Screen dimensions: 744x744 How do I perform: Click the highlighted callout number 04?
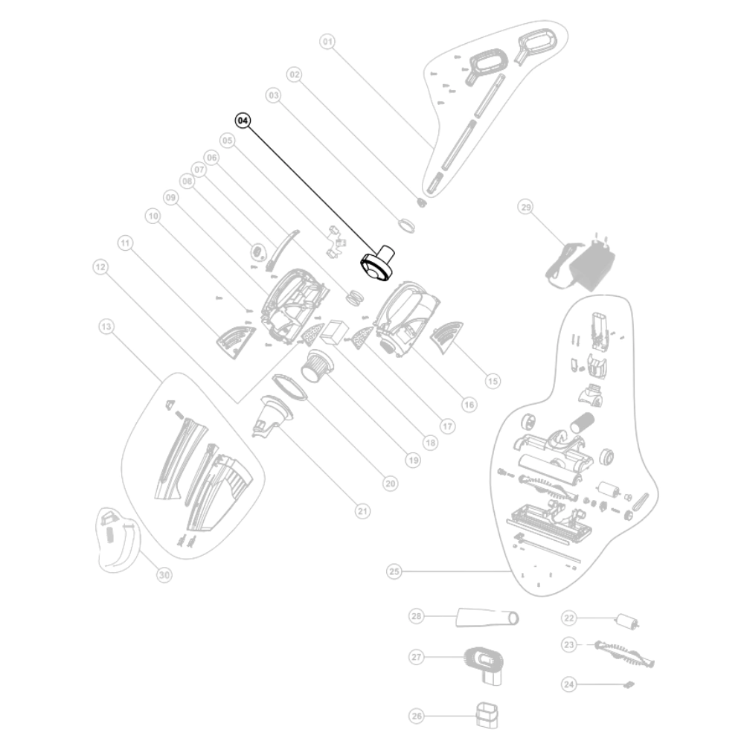pyautogui.click(x=243, y=121)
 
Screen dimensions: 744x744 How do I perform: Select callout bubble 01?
pyautogui.click(x=327, y=42)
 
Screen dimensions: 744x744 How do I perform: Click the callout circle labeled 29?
pyautogui.click(x=526, y=208)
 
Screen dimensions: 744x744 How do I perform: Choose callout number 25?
pyautogui.click(x=394, y=571)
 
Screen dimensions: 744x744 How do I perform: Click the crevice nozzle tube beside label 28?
pyautogui.click(x=487, y=617)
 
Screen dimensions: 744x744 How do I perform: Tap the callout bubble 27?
pyautogui.click(x=417, y=657)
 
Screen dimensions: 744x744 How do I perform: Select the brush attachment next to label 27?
pyautogui.click(x=485, y=662)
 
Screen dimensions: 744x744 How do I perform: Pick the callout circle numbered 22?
pyautogui.click(x=569, y=617)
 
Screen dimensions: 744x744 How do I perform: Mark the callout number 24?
pyautogui.click(x=569, y=683)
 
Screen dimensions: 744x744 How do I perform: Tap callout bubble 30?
pyautogui.click(x=164, y=574)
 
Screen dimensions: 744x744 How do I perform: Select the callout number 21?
pyautogui.click(x=362, y=511)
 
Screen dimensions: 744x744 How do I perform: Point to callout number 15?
pyautogui.click(x=492, y=380)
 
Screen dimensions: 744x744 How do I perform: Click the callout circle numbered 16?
pyautogui.click(x=469, y=404)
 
